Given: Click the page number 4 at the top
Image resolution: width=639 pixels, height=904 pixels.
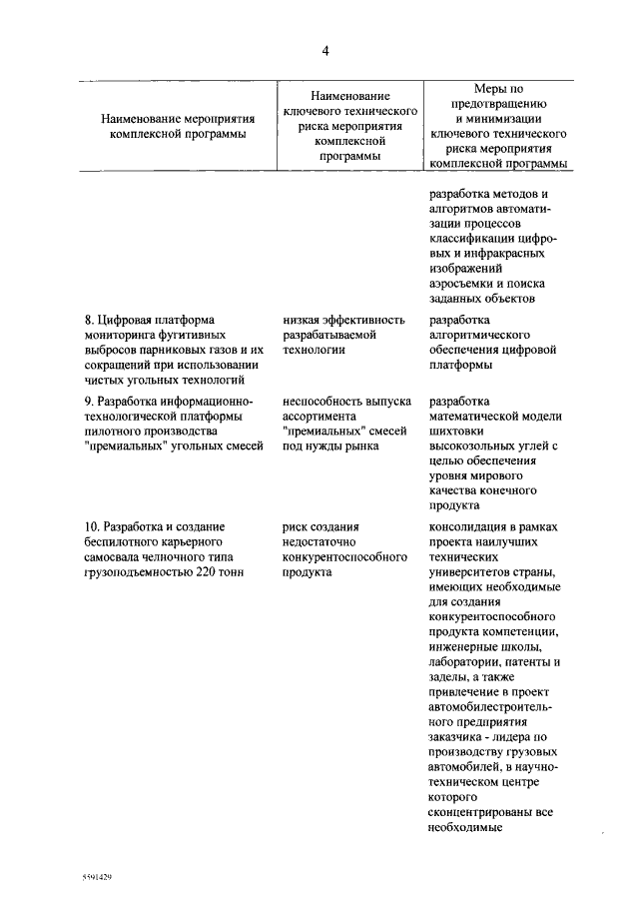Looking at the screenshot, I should pyautogui.click(x=324, y=51).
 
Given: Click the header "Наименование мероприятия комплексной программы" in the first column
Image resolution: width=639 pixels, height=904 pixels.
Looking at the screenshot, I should pyautogui.click(x=179, y=127).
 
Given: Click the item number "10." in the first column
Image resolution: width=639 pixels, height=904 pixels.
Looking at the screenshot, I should pyautogui.click(x=93, y=526).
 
